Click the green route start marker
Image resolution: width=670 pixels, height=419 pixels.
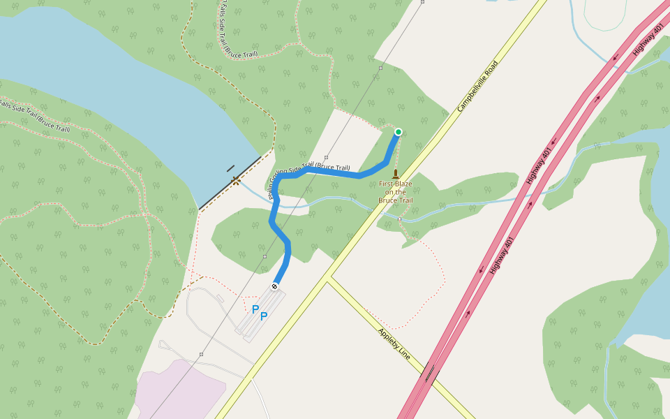[x=399, y=131]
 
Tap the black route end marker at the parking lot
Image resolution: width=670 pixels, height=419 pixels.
[x=275, y=286]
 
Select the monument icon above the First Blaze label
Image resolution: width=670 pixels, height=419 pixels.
[x=396, y=174]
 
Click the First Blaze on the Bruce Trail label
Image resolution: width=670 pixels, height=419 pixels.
[x=396, y=192]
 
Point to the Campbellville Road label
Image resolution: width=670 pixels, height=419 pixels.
[x=478, y=87]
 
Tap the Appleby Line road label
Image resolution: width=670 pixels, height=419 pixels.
[x=394, y=344]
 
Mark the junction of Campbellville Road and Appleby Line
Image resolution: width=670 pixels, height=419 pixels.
[x=328, y=279]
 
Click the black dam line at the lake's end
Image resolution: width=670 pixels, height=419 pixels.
[x=230, y=183]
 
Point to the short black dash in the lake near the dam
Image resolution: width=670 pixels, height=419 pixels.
[x=230, y=168]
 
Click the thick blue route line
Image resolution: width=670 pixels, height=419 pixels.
[x=279, y=230]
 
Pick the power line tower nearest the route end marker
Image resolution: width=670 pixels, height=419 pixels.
[x=265, y=257]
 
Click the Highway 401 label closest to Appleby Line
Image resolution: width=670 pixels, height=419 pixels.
[x=502, y=254]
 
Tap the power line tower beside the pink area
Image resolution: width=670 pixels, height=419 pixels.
[x=201, y=354]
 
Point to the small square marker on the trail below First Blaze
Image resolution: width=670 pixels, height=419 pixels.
[x=399, y=219]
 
